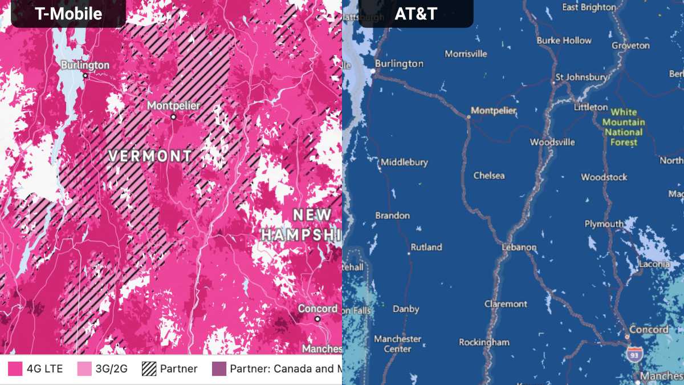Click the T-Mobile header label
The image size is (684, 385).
(x=68, y=14)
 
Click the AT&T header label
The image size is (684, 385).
(x=416, y=14)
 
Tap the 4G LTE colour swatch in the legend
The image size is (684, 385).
(x=15, y=368)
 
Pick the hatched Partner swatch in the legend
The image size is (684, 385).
(x=149, y=368)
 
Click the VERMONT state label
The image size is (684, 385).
(x=150, y=156)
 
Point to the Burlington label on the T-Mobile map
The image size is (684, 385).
(x=85, y=65)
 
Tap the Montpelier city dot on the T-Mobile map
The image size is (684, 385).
(x=173, y=117)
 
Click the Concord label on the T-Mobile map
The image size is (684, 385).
(x=317, y=309)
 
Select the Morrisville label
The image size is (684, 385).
(x=466, y=54)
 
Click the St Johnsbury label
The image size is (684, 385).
(x=581, y=77)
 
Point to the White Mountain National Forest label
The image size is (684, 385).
(x=624, y=127)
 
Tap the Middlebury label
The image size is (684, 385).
(x=404, y=162)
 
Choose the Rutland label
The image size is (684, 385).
(x=426, y=247)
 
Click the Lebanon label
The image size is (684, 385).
(x=519, y=248)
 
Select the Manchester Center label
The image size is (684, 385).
(x=398, y=343)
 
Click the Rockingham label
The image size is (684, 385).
(x=484, y=342)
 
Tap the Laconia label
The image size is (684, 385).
(x=654, y=264)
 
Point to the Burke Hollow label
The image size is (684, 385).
(x=564, y=40)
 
